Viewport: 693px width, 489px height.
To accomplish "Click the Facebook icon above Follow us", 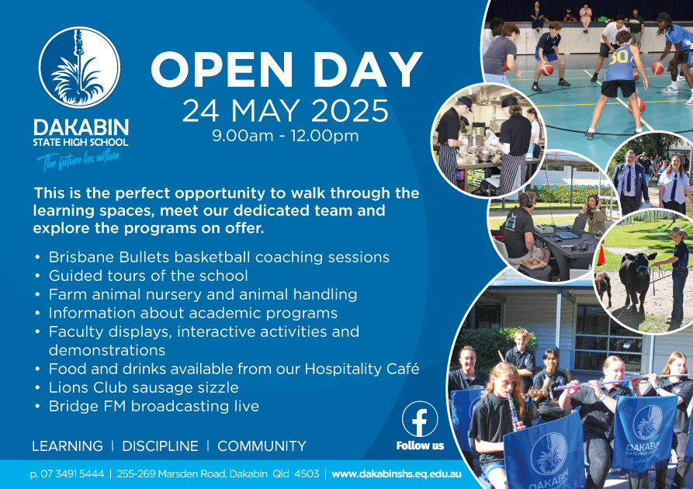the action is (x=420, y=419).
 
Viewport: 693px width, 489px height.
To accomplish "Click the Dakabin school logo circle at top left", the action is (x=80, y=68).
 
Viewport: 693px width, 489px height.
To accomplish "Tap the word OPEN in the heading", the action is (x=222, y=70).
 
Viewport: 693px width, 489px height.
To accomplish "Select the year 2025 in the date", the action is (x=349, y=111).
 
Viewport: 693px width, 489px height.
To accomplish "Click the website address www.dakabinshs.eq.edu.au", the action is (x=397, y=474).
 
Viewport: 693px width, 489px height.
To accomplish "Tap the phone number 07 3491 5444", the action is (x=72, y=474).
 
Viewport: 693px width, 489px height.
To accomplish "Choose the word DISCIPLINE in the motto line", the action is (x=160, y=446).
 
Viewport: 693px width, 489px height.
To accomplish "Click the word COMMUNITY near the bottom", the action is (x=262, y=446).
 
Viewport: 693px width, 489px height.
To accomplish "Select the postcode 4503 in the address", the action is (x=307, y=474).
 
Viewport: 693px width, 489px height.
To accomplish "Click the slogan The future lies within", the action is (x=78, y=160).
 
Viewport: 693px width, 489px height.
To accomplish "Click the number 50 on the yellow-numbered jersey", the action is (x=619, y=57).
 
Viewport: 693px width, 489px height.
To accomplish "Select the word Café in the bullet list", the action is (x=403, y=368).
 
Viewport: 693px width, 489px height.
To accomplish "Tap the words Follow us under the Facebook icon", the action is (x=420, y=446).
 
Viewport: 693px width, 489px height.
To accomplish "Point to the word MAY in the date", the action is (x=265, y=111).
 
